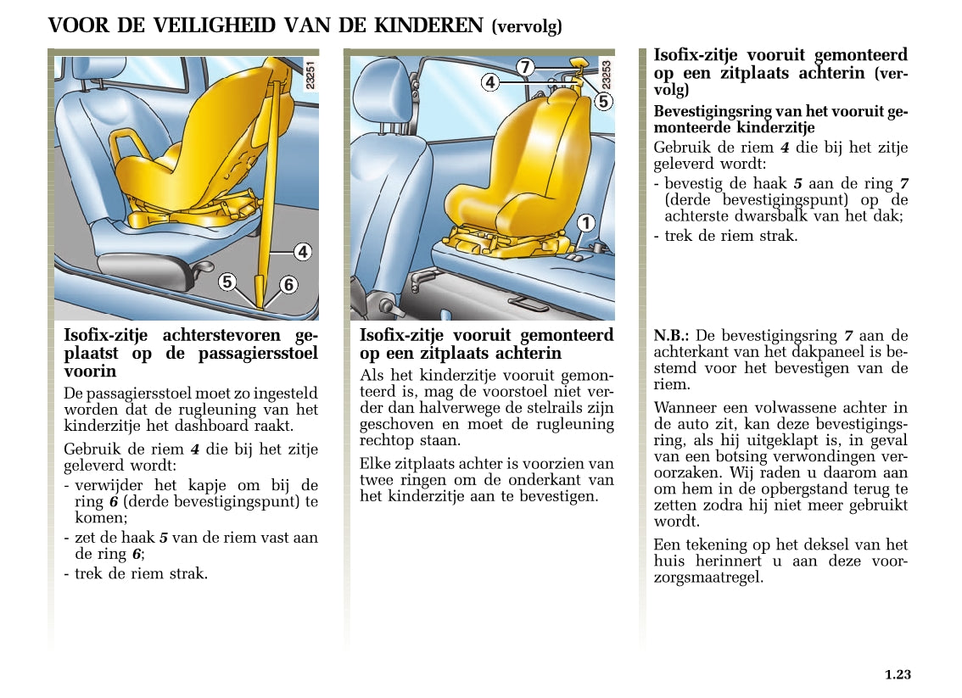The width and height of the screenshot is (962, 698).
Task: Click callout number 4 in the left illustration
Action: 303,252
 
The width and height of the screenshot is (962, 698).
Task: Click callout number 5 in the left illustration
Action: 227,282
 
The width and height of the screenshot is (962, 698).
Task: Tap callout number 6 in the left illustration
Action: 288,285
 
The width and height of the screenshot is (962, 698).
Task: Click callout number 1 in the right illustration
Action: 585,224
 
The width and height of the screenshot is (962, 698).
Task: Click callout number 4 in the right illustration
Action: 489,82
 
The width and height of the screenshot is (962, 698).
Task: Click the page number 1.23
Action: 897,675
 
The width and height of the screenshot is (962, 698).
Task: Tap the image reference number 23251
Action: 310,75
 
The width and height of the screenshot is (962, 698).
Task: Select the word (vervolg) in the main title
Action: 526,27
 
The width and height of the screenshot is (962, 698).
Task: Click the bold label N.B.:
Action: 670,336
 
